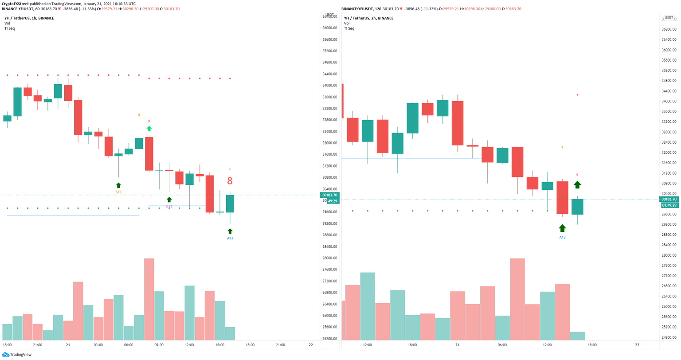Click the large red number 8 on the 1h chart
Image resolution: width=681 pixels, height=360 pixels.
point(230,181)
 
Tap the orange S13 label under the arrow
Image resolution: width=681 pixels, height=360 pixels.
point(118,192)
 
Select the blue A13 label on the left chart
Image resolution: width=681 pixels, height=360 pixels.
point(230,238)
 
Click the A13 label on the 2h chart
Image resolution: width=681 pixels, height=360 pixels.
point(562,237)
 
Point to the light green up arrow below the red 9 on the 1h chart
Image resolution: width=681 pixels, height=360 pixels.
point(149,129)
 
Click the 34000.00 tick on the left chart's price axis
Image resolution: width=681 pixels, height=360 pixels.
point(330,86)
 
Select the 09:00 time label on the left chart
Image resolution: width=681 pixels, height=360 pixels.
point(159,345)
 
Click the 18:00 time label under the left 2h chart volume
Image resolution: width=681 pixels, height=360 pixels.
point(412,345)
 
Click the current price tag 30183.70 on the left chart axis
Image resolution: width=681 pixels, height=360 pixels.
point(329,195)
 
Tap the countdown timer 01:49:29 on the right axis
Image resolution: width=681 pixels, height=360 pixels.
point(669,205)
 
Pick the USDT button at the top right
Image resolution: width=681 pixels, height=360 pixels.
point(668,18)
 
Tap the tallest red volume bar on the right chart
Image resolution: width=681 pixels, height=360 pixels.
point(517,299)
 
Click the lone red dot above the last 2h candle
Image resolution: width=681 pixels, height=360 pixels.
point(577,95)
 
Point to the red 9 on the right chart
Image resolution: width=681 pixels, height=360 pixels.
point(577,175)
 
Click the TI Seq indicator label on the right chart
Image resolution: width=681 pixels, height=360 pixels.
point(349,28)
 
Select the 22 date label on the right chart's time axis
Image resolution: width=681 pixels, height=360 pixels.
point(637,345)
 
